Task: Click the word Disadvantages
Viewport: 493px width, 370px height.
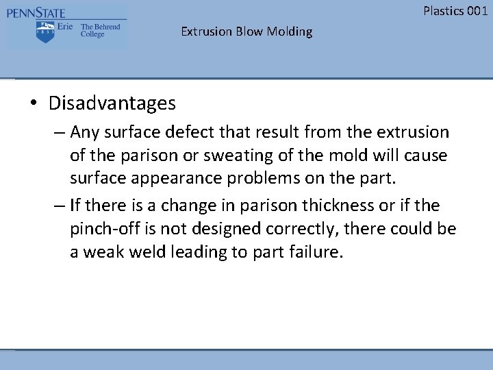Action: pyautogui.click(x=112, y=103)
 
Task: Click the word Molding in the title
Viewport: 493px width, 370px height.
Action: pyautogui.click(x=290, y=32)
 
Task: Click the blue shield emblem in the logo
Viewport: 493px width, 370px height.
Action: pyautogui.click(x=45, y=32)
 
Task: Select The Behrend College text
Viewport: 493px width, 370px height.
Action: pyautogui.click(x=100, y=30)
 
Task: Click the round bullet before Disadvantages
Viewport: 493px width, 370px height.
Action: pyautogui.click(x=33, y=104)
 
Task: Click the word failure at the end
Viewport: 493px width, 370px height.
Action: pyautogui.click(x=317, y=252)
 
